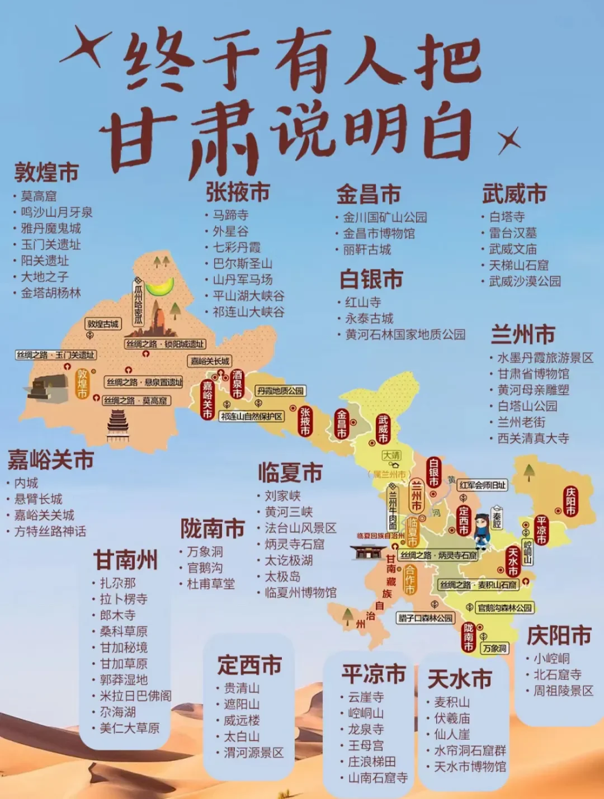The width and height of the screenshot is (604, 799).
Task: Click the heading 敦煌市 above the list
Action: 46,173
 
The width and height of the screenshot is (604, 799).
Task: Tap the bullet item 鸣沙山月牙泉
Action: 56,212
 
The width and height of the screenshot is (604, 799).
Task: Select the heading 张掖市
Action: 238,192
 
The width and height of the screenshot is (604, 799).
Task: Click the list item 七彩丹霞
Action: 237,247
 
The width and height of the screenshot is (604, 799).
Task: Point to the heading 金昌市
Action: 369,195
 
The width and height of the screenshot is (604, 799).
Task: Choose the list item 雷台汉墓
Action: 513,233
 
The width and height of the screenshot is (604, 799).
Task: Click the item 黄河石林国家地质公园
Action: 405,334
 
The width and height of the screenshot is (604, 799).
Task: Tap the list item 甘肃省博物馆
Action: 534,374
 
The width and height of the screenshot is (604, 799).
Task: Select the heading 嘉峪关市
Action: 50,460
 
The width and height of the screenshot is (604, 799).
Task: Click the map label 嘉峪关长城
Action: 210,361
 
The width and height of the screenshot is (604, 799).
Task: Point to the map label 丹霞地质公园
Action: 280,390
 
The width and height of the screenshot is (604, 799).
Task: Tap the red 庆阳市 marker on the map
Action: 570,501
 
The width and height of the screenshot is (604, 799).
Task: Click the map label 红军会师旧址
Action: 483,485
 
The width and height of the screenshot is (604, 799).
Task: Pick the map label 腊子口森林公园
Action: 426,618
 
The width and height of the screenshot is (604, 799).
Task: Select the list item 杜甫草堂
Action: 211,584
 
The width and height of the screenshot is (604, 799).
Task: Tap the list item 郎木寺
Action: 117,615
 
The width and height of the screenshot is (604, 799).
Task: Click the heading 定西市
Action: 249,665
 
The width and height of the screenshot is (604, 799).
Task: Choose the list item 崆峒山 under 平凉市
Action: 366,713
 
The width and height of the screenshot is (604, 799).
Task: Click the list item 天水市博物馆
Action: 470,767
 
